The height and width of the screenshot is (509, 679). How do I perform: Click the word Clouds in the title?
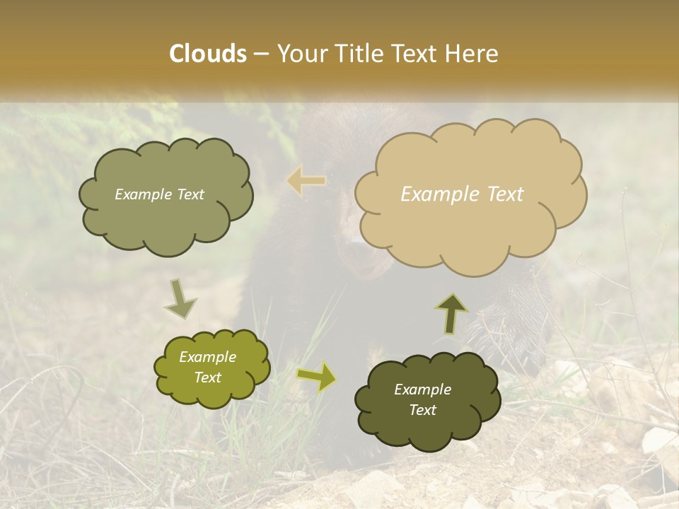click(x=208, y=54)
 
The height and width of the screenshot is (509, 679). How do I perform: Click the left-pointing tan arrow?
click(x=307, y=181)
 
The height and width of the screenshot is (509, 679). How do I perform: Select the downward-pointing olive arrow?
click(x=180, y=298)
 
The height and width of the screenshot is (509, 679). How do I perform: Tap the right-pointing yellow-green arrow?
click(x=317, y=377)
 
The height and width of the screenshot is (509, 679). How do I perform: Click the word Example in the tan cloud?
click(x=434, y=194)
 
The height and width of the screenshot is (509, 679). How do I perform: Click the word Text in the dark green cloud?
click(x=423, y=410)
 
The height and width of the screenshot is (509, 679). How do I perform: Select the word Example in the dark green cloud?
click(x=423, y=390)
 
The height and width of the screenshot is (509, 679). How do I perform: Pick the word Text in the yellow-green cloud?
click(x=208, y=378)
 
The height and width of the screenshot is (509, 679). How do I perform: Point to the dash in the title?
click(x=261, y=54)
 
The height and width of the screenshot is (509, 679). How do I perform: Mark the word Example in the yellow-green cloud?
click(x=208, y=357)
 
